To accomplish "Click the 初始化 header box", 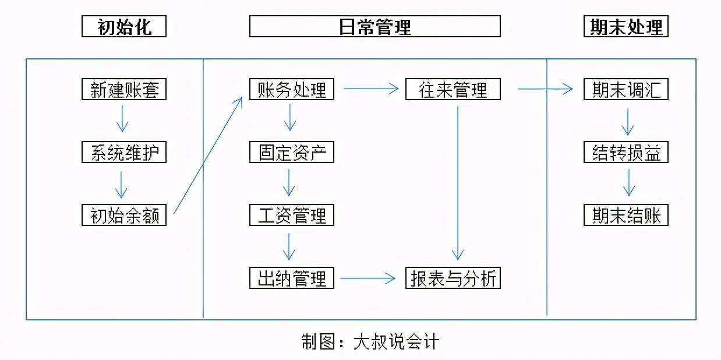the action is (124, 26).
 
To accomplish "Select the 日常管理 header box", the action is (375, 26).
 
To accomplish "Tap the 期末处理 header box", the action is (626, 26).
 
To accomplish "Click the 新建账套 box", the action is (124, 89).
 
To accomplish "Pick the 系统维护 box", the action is (124, 152).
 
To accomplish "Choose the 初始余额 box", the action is (124, 215).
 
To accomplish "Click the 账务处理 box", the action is (292, 89).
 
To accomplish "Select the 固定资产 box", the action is (292, 152).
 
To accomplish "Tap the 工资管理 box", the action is (292, 215).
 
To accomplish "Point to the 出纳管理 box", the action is (292, 278).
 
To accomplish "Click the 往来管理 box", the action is (453, 89).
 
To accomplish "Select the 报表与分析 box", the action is (453, 278).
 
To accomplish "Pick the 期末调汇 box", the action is (626, 89).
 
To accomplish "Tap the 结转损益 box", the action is (626, 152).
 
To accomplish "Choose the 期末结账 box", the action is (626, 215).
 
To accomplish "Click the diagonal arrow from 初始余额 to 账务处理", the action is (208, 156).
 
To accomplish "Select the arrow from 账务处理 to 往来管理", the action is (371, 88).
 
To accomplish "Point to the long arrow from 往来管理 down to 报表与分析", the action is (458, 183).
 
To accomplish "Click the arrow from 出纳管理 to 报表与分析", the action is (367, 278).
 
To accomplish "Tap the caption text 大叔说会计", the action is (396, 341).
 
